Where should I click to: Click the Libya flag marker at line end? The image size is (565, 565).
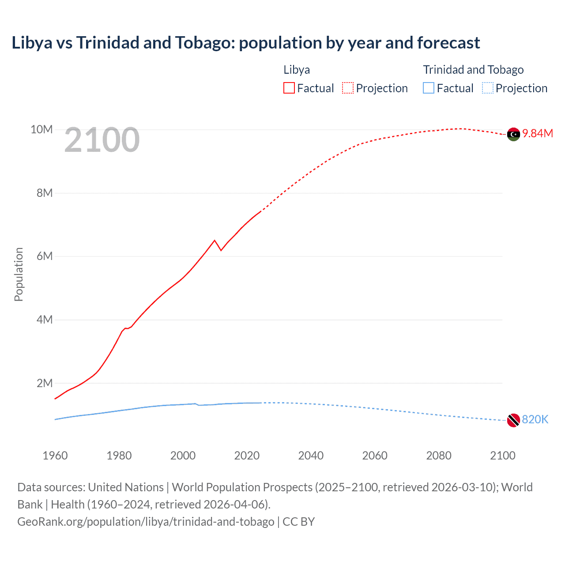[513, 134]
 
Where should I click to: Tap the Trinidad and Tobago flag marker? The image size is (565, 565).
[513, 420]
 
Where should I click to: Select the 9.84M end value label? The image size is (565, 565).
[537, 134]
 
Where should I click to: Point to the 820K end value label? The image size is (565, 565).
[535, 420]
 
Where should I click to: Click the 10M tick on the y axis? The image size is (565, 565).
[41, 129]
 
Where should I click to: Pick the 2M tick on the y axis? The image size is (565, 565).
[44, 383]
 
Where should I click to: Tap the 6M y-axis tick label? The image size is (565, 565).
[44, 256]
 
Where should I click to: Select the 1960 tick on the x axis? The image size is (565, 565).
[55, 456]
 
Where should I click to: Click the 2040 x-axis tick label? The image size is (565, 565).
[311, 456]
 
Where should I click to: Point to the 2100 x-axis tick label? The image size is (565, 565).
[502, 456]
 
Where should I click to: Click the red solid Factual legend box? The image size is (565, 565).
[289, 88]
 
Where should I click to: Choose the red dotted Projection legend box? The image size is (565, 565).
[348, 88]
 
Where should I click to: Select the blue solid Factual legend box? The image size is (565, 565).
[429, 88]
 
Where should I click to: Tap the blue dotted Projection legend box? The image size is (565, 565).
[488, 88]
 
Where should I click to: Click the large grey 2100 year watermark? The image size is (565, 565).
[102, 140]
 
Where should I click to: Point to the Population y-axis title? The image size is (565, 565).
[19, 274]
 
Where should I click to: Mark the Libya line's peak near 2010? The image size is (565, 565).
[215, 241]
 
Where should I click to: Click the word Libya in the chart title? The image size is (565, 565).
[32, 43]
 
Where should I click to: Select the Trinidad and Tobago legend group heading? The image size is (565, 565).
[473, 70]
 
